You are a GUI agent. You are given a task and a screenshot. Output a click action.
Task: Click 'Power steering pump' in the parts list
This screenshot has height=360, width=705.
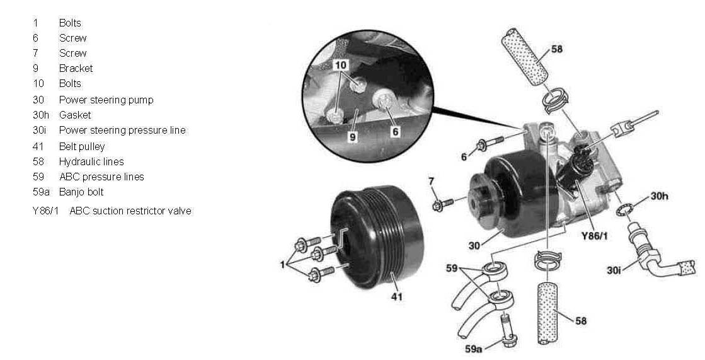click(x=106, y=100)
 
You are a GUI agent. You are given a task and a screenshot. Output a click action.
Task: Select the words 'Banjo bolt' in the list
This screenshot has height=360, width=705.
click(x=81, y=192)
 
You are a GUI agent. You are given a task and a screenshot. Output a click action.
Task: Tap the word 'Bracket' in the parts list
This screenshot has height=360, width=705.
click(x=76, y=68)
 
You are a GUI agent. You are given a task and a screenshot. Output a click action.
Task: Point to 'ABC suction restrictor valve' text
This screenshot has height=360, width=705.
click(x=130, y=211)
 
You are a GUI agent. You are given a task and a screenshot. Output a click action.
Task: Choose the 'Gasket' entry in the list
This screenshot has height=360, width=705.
click(x=75, y=115)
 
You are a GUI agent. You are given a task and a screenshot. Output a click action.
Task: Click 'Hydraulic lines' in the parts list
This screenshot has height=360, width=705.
click(x=91, y=162)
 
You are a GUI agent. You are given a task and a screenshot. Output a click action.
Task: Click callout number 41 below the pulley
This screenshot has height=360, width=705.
click(x=396, y=296)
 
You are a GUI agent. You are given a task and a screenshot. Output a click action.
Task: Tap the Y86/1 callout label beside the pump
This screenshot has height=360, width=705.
click(x=595, y=236)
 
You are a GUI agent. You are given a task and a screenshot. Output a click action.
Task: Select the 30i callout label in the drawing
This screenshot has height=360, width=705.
click(x=614, y=270)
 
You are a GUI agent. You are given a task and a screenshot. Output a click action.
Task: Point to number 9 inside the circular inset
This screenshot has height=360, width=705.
click(x=353, y=137)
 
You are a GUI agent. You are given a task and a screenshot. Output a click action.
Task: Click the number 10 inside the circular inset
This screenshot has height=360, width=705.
click(x=340, y=65)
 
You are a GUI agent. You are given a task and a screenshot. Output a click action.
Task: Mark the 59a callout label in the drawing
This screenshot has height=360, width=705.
click(x=473, y=348)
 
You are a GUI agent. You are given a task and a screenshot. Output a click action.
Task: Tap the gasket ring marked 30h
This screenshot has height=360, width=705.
click(x=624, y=209)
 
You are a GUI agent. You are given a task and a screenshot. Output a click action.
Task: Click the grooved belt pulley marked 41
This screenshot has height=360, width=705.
click(x=377, y=236)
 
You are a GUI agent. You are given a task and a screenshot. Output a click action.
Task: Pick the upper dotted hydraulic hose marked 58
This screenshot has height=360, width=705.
click(x=524, y=57)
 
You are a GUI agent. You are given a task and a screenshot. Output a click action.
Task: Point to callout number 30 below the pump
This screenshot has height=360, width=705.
click(x=474, y=246)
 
